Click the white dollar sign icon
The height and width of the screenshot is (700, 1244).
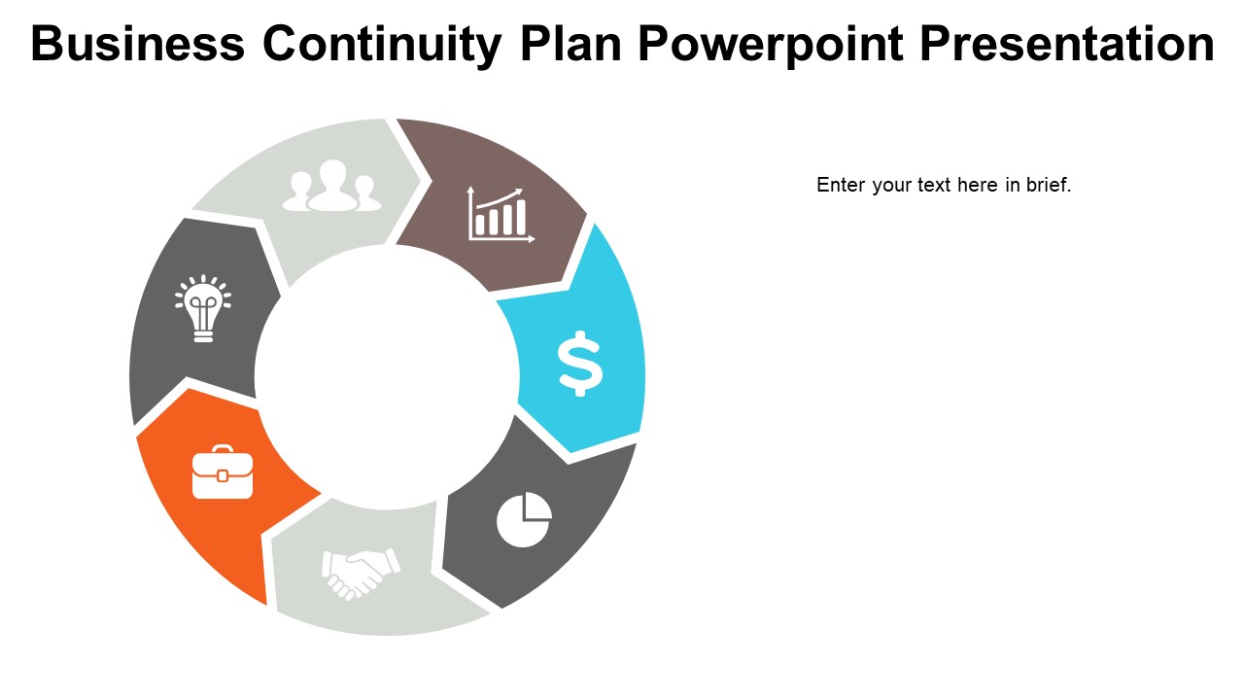coord(580,364)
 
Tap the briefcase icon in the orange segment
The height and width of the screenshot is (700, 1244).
coord(223,472)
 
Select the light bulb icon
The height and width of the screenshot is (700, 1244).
coord(203,308)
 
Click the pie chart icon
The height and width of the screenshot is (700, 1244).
coord(524,520)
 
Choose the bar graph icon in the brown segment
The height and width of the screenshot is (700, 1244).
coord(501,214)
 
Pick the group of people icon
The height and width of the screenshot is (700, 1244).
coord(332,187)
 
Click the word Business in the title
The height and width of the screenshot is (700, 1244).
coord(138,44)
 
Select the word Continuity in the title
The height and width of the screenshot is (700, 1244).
coord(382,44)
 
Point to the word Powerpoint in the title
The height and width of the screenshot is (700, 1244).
coord(772,44)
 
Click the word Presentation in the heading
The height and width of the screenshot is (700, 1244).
coord(1066,44)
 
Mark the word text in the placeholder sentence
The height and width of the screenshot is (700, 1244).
coord(933,185)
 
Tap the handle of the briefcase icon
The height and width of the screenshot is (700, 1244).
coord(223,450)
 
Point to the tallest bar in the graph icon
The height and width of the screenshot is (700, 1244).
coord(521,217)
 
